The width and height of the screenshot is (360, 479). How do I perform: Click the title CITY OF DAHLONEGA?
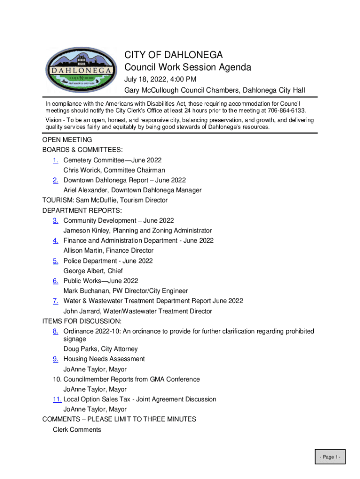(173, 55)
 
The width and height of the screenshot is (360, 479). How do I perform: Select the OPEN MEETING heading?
(67, 140)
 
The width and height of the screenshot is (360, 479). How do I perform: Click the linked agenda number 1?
(55, 160)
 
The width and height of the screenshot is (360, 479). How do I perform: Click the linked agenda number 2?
(55, 180)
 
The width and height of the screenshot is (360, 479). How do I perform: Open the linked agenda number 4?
(55, 240)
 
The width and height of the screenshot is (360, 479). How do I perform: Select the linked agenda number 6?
(55, 281)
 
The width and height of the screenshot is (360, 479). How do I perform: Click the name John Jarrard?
(82, 311)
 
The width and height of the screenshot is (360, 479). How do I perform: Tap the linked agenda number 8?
(55, 331)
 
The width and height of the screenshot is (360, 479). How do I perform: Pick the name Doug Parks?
(80, 349)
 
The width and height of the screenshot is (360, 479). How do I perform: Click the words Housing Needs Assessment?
(104, 359)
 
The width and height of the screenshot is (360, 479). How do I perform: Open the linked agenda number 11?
(57, 399)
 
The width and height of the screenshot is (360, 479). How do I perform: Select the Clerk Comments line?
(77, 429)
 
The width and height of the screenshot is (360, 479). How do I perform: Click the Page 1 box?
(330, 457)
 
